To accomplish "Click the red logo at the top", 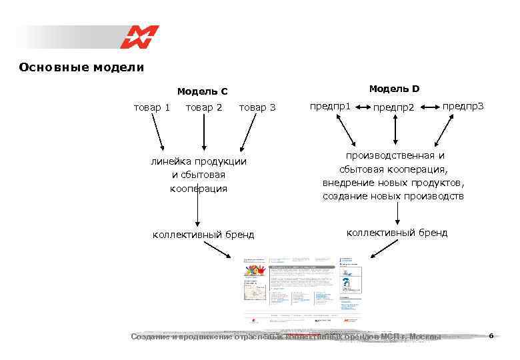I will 139,37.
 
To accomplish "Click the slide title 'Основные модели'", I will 81,67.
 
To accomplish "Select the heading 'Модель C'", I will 202,91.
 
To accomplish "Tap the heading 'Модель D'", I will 394,89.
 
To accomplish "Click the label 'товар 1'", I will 152,107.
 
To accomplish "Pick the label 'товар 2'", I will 204,107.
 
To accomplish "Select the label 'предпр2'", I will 393,107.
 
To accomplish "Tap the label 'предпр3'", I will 463,106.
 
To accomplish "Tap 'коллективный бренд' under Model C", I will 203,234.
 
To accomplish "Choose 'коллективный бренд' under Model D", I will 397,233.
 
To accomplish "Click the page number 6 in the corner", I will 491,335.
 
